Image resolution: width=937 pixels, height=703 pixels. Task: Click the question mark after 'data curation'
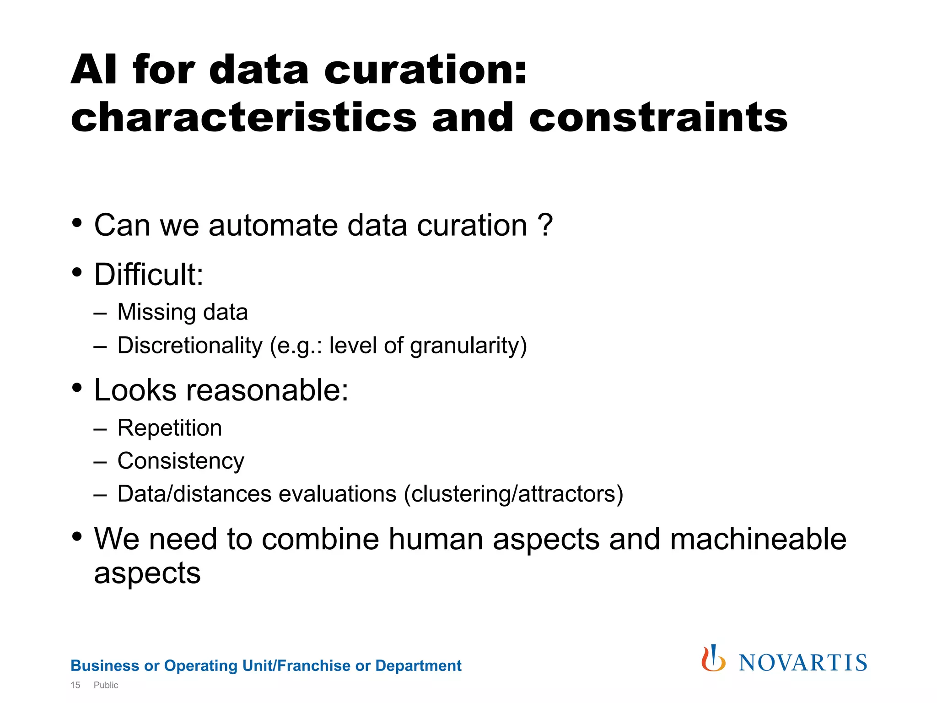point(545,225)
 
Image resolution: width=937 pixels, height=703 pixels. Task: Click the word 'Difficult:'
point(149,275)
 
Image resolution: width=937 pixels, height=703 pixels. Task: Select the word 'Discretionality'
point(190,346)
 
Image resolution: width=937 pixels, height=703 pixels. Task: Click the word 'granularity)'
point(468,346)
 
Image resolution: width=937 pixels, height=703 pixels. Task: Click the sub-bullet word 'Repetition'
point(170,428)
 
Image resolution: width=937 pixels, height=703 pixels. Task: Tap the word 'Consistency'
point(181,461)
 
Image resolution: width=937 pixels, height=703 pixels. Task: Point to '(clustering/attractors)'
point(513,494)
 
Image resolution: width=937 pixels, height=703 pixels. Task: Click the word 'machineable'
point(758,539)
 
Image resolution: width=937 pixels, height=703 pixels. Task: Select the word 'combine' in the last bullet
point(321,539)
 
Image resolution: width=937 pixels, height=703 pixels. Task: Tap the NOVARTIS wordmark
point(803,663)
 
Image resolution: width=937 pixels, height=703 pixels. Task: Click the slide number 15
point(75,685)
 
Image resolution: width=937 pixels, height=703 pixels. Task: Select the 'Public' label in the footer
point(106,685)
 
